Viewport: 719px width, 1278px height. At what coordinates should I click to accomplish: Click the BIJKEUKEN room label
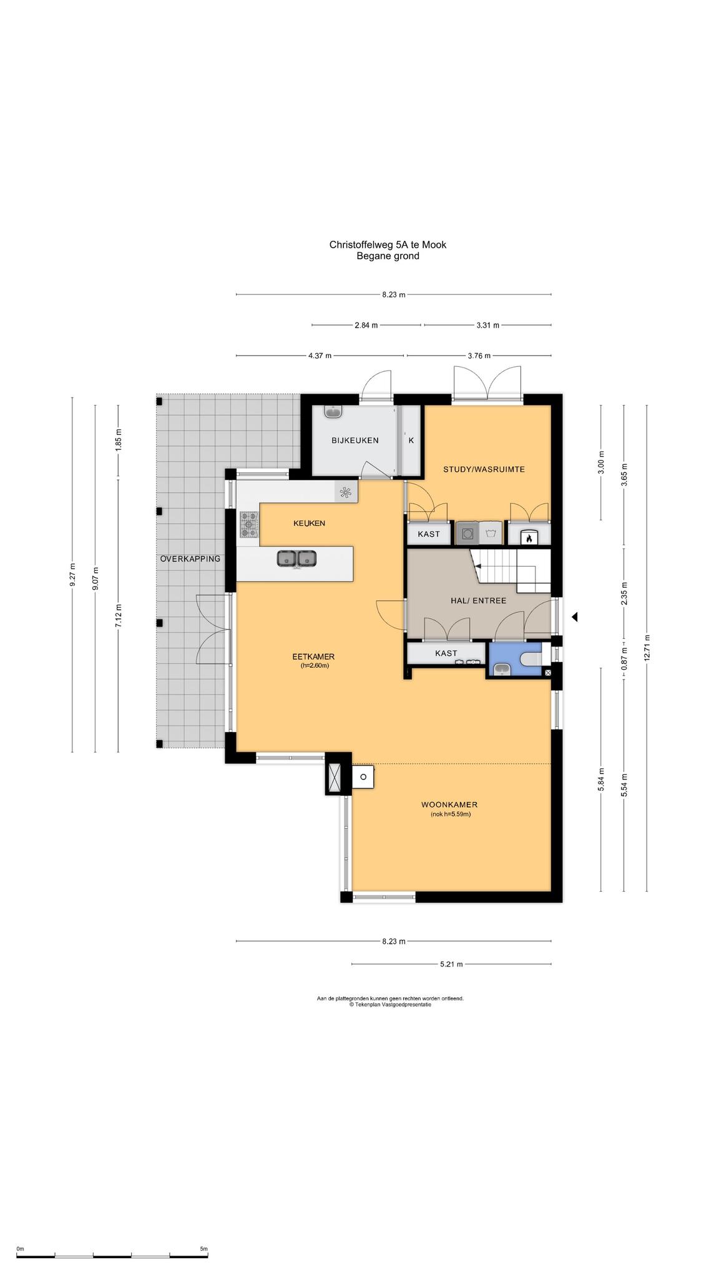click(x=355, y=441)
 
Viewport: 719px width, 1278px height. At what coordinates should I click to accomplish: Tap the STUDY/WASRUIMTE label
click(x=484, y=469)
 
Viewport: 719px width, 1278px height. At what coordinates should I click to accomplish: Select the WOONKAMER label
click(x=449, y=805)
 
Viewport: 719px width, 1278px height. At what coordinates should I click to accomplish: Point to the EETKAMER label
click(x=314, y=656)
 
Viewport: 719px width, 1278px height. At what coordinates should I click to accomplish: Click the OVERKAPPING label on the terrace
click(x=190, y=559)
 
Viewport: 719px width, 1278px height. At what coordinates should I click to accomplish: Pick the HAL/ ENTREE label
click(x=479, y=600)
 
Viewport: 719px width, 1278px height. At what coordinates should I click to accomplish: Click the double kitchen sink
click(x=297, y=559)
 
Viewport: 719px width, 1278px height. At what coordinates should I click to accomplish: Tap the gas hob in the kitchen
click(x=250, y=524)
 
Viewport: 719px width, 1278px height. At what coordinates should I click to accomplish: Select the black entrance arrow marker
click(x=575, y=617)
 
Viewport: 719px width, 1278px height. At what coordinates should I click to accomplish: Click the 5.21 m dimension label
click(x=451, y=964)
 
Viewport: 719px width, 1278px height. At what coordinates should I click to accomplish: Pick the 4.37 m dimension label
click(x=320, y=356)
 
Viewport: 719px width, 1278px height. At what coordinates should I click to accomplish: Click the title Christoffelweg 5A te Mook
click(x=388, y=245)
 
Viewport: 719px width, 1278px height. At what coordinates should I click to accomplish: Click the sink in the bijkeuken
click(x=334, y=412)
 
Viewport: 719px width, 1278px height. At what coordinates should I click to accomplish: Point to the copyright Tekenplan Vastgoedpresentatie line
click(x=390, y=1005)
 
